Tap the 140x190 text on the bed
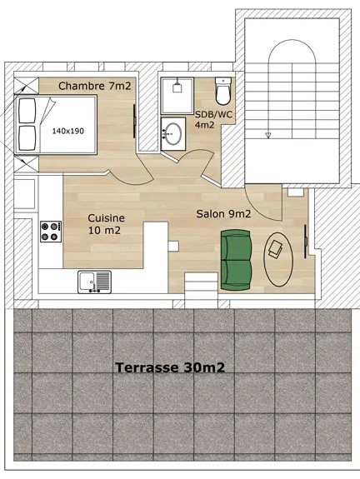point(69,131)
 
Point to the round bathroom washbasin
point(174,133)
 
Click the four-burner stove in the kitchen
point(51,230)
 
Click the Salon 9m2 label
point(223,214)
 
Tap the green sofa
point(236,257)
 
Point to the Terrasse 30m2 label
point(172,367)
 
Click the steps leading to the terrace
point(201,292)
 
